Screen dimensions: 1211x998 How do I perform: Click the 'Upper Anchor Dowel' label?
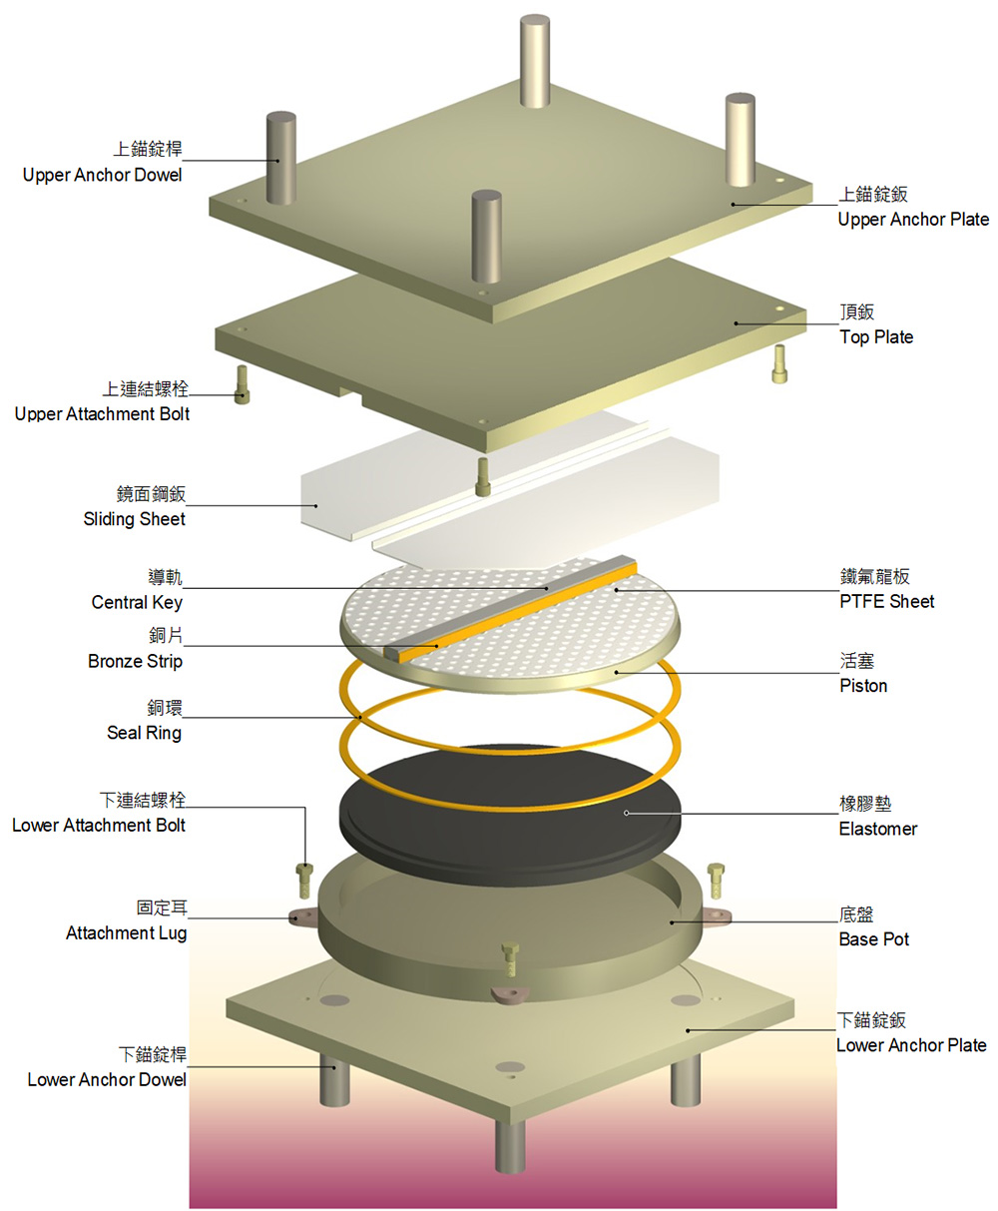pos(103,175)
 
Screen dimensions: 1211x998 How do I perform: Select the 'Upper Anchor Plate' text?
pos(913,220)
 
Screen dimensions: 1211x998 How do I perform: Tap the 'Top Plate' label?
pos(876,337)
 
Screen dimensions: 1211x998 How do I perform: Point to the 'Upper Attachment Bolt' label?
pos(102,413)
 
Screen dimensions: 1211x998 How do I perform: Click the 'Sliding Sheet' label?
pos(135,519)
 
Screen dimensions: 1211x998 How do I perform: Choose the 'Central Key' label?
pos(137,602)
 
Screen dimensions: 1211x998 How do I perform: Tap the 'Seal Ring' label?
pos(144,733)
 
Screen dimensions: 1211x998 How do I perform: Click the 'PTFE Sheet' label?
pos(887,601)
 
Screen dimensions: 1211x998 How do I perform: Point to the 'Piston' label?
pos(863,686)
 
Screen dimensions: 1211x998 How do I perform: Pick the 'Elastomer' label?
pos(877,829)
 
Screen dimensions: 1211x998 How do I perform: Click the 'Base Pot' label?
pos(873,939)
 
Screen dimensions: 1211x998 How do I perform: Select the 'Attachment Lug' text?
pos(126,932)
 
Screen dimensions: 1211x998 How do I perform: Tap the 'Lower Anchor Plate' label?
pos(911,1045)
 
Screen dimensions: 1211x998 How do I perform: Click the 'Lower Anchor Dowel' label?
pos(107,1079)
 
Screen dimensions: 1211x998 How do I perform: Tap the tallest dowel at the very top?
pos(535,60)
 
